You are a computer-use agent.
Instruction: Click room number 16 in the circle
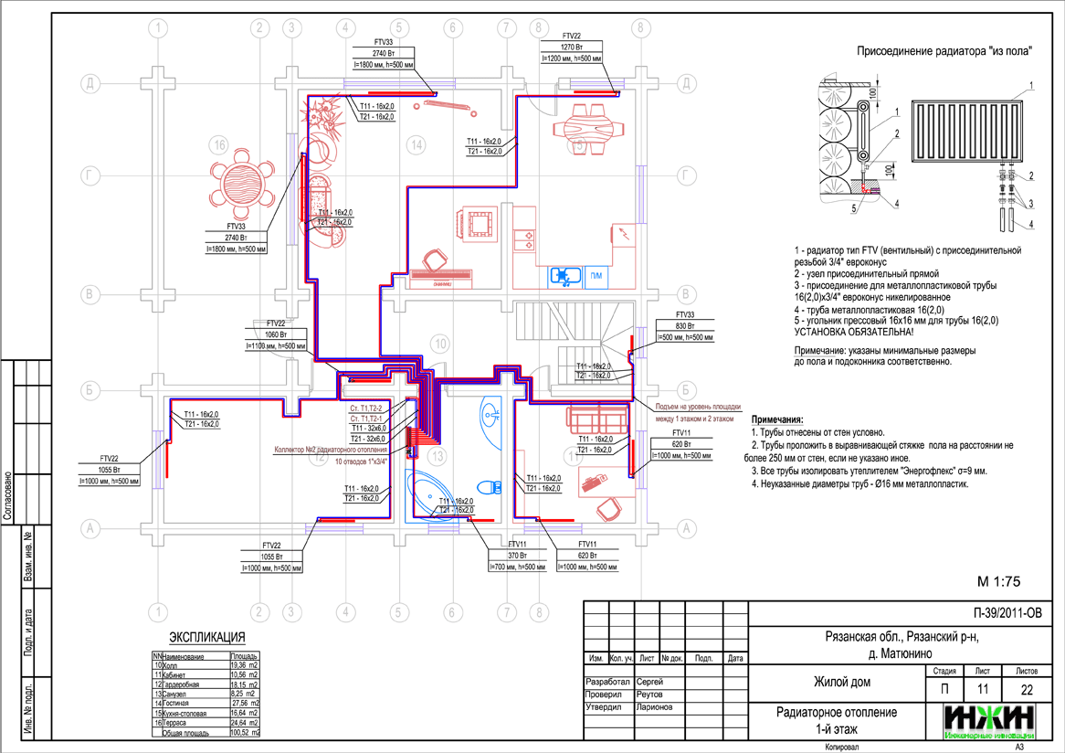click(x=217, y=144)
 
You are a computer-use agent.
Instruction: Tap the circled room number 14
click(x=417, y=144)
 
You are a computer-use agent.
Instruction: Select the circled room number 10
click(x=441, y=344)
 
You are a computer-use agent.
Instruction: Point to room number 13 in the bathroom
click(x=439, y=455)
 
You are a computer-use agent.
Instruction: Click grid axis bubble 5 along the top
click(x=397, y=28)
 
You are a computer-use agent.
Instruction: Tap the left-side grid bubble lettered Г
click(x=90, y=175)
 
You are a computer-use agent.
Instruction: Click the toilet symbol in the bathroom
click(x=490, y=485)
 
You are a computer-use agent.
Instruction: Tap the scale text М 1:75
click(x=997, y=581)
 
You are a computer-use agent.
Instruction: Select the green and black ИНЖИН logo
click(x=990, y=721)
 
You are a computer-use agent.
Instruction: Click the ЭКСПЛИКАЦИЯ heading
click(x=207, y=637)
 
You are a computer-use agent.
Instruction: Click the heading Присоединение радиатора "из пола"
click(x=944, y=51)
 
